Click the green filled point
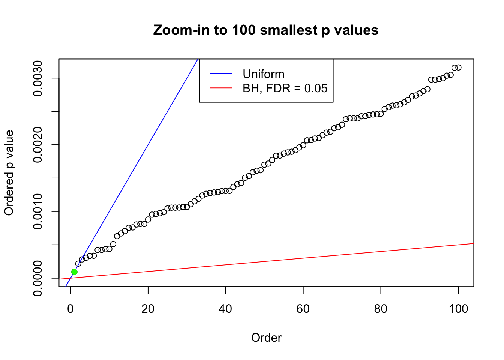74,271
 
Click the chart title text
265,30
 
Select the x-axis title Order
266,337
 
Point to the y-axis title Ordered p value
9,173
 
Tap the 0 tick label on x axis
70,309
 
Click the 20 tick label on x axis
148,309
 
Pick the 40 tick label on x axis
226,309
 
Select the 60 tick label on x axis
303,309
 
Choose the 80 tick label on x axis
381,309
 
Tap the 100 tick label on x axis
458,309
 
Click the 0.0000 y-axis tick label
37,278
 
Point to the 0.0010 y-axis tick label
37,211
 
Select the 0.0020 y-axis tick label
37,145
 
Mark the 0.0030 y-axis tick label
37,78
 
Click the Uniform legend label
264,74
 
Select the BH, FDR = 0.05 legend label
285,88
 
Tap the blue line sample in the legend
221,74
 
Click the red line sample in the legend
221,88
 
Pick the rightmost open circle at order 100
458,67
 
